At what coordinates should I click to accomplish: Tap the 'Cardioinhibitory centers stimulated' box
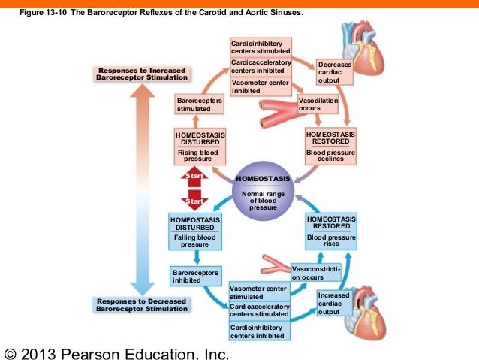click(x=260, y=46)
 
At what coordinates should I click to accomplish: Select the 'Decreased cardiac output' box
click(x=334, y=73)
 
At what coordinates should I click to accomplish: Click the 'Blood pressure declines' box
click(x=330, y=155)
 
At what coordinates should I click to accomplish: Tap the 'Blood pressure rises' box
click(x=331, y=241)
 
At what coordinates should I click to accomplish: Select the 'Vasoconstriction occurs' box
click(x=316, y=273)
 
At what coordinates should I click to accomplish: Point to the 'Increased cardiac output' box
click(x=334, y=304)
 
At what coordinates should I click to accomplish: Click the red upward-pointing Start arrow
click(x=194, y=177)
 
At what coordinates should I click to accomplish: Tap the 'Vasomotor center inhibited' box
click(x=260, y=86)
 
